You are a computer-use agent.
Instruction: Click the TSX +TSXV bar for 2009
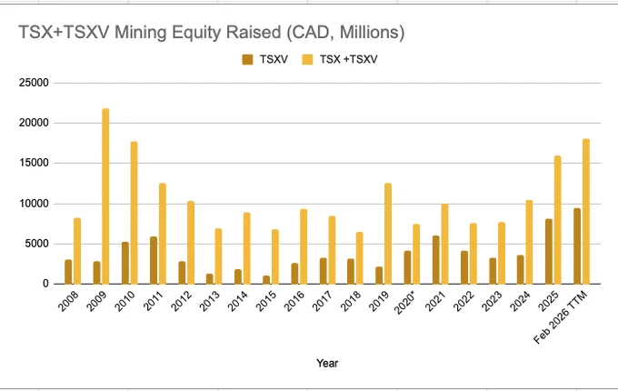[105, 196]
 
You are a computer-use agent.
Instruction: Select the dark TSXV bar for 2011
[154, 260]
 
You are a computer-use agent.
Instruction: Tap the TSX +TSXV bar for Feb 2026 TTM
[586, 211]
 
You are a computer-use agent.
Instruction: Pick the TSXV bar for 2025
[549, 252]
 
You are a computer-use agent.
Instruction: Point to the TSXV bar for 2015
[266, 280]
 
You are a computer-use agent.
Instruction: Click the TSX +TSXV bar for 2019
[388, 234]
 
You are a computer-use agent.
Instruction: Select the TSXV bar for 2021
[436, 260]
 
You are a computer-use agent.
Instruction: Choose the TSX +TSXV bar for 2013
[218, 256]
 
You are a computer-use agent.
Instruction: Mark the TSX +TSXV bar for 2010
[134, 213]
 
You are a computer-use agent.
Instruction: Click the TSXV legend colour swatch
[247, 59]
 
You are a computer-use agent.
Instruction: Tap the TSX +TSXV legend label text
[348, 59]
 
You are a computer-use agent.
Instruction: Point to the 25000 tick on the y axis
[34, 83]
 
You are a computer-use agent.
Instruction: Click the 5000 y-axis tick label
[36, 244]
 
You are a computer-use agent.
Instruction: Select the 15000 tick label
[34, 163]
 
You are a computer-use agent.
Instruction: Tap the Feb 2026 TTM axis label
[560, 317]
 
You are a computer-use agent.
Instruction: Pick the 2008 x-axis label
[68, 301]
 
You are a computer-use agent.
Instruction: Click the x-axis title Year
[327, 363]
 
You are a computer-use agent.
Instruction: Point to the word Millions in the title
[372, 32]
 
